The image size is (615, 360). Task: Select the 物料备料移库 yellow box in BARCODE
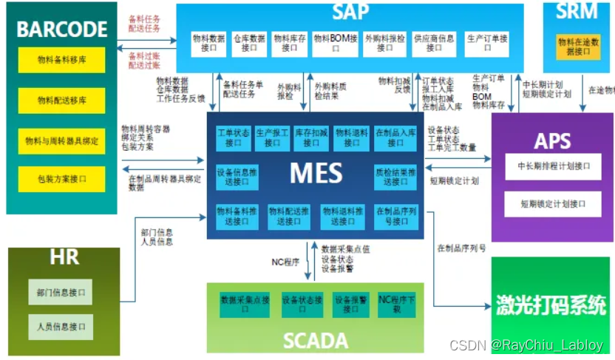(x=61, y=60)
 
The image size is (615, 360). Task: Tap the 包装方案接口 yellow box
(x=61, y=178)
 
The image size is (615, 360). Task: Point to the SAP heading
(x=350, y=12)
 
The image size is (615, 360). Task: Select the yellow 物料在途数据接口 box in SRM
(x=579, y=47)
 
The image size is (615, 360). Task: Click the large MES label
(x=316, y=174)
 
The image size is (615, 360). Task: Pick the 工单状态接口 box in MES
(x=234, y=137)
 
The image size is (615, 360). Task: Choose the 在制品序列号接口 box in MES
(x=396, y=216)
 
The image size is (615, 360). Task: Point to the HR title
(x=64, y=258)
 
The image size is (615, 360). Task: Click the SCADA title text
(x=316, y=340)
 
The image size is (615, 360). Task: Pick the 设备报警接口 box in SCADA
(x=351, y=305)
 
